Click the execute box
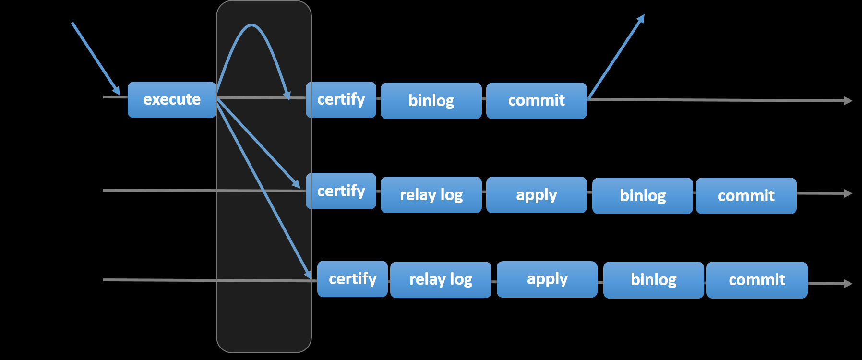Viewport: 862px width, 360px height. [172, 100]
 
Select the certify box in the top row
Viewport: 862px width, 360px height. [341, 100]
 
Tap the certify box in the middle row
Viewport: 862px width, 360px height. [341, 191]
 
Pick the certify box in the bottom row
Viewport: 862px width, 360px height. [352, 279]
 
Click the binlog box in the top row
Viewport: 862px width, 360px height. [431, 101]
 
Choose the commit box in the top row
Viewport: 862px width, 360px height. [536, 101]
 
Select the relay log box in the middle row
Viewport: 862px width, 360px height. [431, 195]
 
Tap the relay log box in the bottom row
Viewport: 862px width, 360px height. [441, 280]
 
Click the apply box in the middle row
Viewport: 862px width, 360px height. [536, 195]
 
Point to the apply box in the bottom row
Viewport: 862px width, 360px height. [547, 279]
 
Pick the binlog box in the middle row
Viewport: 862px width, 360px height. [642, 196]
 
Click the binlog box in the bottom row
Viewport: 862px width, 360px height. [653, 280]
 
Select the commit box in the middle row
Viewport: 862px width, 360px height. [746, 196]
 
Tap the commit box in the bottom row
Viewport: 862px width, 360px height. [757, 280]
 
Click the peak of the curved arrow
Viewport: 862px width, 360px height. [251, 25]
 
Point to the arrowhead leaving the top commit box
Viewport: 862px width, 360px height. [641, 18]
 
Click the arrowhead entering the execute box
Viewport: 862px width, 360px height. [116, 91]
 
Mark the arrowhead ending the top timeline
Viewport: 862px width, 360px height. [849, 101]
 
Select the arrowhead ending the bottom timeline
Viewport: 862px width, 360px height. [849, 284]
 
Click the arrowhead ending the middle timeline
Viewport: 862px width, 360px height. [849, 193]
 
